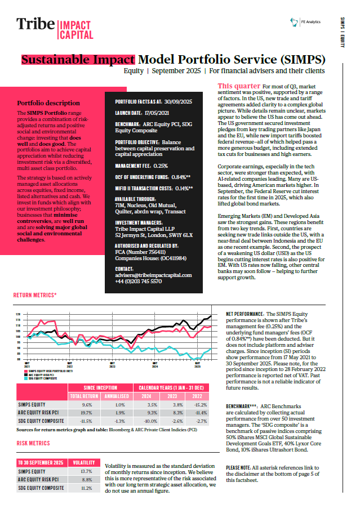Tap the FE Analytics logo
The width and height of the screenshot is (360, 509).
point(305,22)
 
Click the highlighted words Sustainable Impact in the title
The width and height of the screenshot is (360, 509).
point(78,60)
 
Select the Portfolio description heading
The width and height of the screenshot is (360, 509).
point(48,103)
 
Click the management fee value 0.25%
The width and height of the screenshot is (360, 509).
point(161,166)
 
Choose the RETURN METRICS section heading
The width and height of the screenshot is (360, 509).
point(35,294)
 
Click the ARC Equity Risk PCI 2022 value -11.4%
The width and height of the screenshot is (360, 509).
point(201,413)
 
